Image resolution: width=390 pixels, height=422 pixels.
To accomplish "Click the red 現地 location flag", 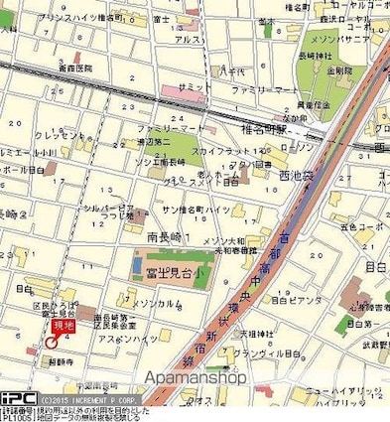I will point(63,325).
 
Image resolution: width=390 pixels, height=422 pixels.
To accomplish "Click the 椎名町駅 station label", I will point(258,129).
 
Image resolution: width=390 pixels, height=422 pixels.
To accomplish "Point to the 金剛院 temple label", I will point(340,71).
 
